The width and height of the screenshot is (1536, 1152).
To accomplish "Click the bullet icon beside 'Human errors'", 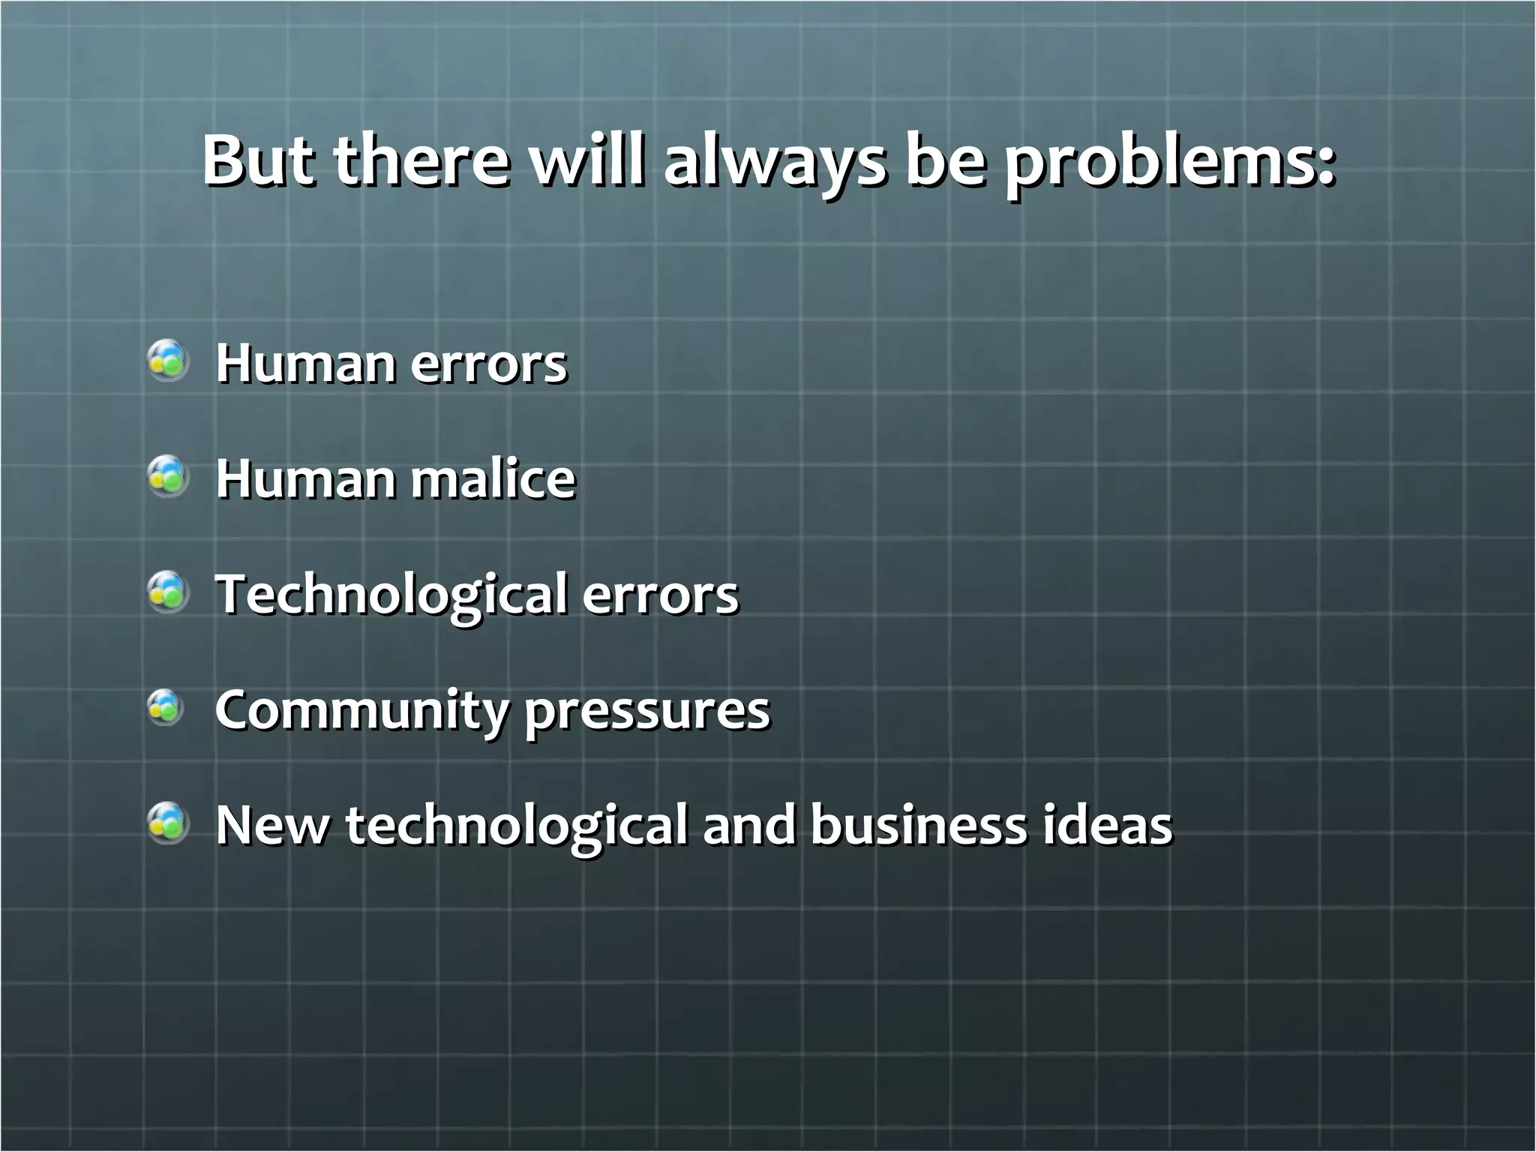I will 166,361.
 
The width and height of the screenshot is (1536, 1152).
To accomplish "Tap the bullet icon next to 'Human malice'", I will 166,476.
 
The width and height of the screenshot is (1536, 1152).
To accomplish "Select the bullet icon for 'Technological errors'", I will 166,592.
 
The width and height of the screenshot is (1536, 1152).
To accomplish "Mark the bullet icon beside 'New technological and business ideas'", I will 166,823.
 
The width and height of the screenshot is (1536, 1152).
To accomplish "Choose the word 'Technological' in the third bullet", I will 391,595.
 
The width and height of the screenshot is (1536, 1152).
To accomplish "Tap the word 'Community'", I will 361,711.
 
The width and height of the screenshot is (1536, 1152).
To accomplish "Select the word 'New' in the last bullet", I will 271,825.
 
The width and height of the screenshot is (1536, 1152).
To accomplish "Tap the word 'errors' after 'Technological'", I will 660,595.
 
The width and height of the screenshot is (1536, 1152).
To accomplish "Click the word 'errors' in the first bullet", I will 488,364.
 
